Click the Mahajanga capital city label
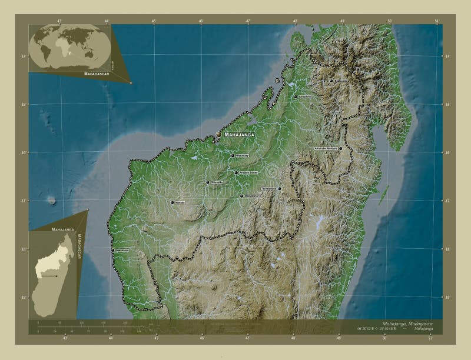point(240,135)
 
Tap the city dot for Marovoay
point(233,155)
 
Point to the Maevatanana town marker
point(241,195)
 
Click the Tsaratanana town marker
point(280,189)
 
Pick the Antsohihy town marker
point(296,97)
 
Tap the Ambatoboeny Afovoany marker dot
point(340,148)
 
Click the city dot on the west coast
point(112,250)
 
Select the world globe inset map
point(69,46)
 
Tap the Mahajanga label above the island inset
point(62,228)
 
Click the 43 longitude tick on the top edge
point(59,21)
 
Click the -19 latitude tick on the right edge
point(447,297)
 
